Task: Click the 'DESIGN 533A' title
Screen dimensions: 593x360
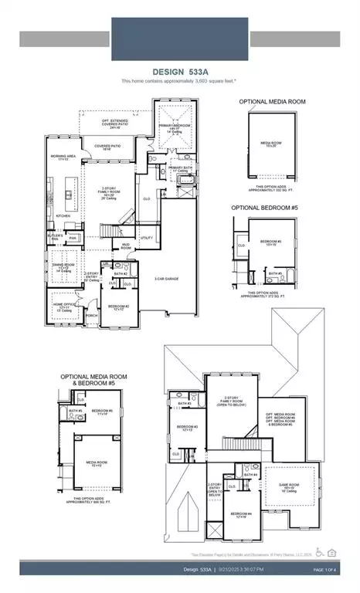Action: (180, 70)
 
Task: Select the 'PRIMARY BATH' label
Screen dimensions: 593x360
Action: (181, 168)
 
